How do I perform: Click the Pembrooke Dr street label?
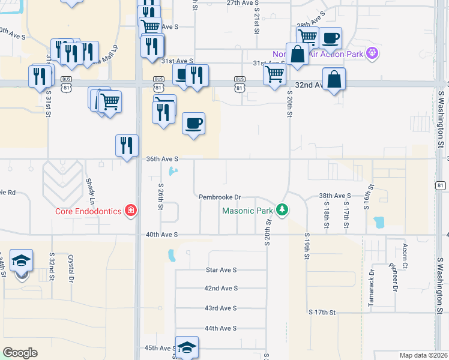(x=220, y=197)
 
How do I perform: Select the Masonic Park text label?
(x=247, y=211)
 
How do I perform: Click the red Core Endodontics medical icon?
(x=130, y=211)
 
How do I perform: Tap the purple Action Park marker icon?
(x=372, y=53)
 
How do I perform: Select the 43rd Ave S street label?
(x=220, y=308)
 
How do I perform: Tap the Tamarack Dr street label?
(x=372, y=280)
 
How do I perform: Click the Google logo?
(x=20, y=353)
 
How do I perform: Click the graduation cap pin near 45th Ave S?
(x=187, y=347)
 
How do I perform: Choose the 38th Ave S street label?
(x=334, y=196)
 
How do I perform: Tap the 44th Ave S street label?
(x=220, y=328)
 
